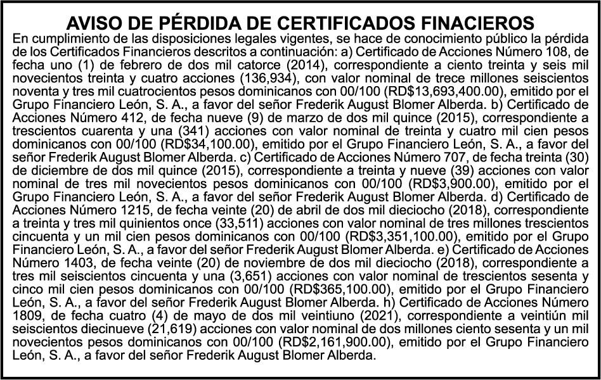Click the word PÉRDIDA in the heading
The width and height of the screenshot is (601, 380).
185,24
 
